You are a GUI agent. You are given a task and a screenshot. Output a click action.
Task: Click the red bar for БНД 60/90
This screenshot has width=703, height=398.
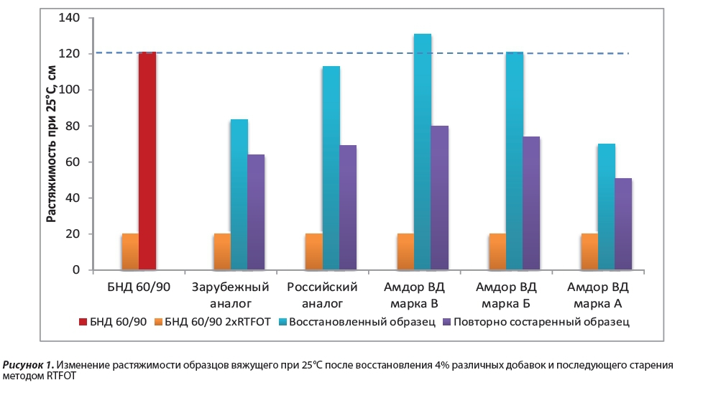point(147,161)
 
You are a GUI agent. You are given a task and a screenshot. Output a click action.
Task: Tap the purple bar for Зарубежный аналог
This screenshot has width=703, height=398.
point(257,213)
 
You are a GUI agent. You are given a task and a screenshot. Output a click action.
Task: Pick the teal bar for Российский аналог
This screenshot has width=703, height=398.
point(331,168)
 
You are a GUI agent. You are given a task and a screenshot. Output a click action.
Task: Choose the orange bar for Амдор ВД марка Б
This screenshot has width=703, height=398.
point(497,252)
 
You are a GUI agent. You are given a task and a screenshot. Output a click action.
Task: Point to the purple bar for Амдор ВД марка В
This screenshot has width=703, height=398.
point(440,198)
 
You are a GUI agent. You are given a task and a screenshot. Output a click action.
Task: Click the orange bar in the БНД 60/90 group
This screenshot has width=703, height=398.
point(130,252)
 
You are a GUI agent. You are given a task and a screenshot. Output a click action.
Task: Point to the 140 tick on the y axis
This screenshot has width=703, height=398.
point(73,18)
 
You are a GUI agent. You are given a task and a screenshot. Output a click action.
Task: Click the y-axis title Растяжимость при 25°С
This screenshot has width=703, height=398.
point(51,144)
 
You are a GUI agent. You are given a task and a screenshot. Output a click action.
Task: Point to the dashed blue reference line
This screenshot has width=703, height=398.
point(359,53)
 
